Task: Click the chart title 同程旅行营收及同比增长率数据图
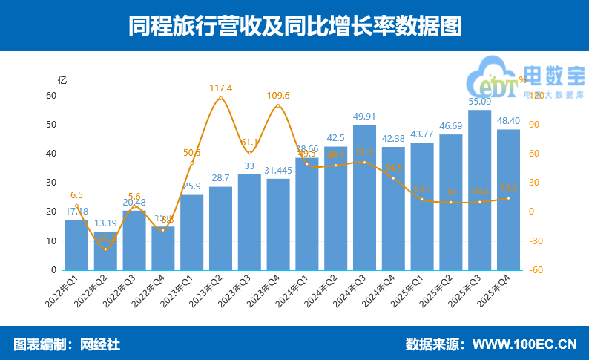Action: pos(294,26)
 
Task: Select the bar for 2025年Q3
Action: pos(479,190)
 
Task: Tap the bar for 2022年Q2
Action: pos(105,251)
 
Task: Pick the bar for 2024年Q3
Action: pos(364,197)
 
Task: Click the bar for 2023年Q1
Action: pos(191,232)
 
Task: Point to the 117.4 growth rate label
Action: pos(220,88)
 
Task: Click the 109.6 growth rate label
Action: pos(277,96)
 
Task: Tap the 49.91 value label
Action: pos(364,117)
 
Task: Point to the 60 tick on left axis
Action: pos(51,96)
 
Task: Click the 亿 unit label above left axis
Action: pos(62,79)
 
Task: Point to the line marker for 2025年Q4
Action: pos(508,198)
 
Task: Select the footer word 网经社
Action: pos(100,344)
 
